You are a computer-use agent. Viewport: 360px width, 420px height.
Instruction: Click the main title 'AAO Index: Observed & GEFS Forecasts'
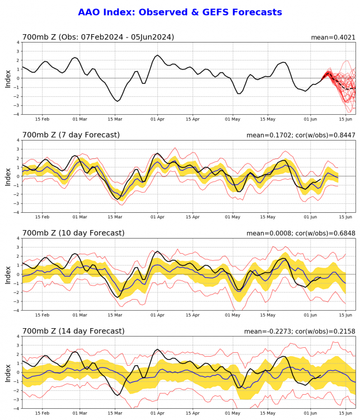(x=180, y=12)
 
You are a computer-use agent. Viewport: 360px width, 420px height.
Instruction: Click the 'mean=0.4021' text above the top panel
(x=333, y=38)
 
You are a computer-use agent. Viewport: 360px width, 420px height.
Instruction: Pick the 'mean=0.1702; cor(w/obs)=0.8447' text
(x=301, y=135)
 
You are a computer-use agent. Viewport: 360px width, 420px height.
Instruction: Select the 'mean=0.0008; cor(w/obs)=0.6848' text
(x=301, y=233)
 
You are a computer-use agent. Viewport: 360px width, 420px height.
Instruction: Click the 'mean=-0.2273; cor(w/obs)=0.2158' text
(x=300, y=331)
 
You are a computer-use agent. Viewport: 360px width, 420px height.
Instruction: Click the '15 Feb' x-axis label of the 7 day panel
(x=42, y=218)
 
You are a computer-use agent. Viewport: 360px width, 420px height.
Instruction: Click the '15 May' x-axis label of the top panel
(x=267, y=120)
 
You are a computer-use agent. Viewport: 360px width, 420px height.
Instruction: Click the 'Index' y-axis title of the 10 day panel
(x=8, y=274)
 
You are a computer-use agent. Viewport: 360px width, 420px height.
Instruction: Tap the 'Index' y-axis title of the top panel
(x=8, y=78)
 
